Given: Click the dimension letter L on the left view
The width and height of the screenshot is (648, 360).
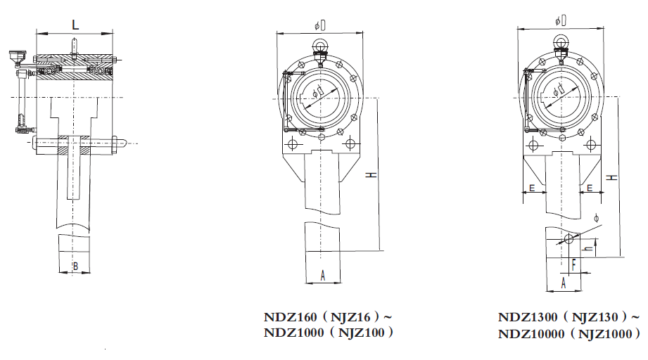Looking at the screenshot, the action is [75, 25].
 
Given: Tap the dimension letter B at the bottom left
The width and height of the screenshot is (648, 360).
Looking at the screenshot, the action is [75, 266].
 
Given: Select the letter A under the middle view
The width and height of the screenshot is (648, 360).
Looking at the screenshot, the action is [323, 276].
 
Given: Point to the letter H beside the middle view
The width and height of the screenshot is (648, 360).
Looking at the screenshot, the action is [372, 175].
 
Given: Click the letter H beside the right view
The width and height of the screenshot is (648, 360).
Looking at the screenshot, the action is [611, 177].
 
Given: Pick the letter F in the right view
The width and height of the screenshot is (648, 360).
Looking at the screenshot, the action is [574, 264].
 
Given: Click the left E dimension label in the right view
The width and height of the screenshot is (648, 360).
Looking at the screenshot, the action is [532, 188].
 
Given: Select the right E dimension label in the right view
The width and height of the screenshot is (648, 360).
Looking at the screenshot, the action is [590, 188].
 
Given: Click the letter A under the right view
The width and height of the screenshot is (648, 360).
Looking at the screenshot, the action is [563, 283].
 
